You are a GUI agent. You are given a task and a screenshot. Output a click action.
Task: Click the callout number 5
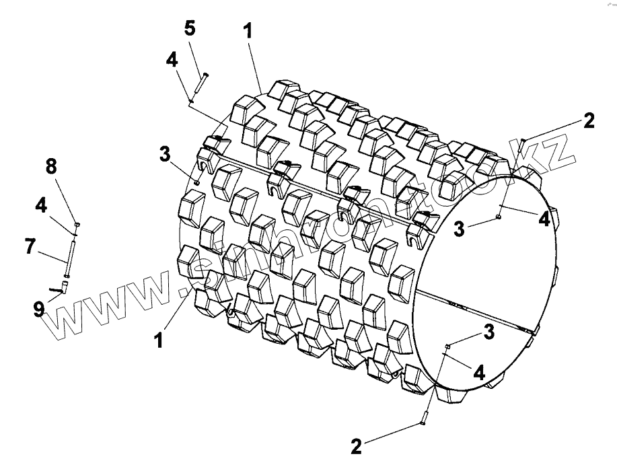pyautogui.click(x=190, y=29)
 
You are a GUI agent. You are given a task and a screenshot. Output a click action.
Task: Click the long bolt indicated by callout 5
pyautogui.click(x=201, y=83)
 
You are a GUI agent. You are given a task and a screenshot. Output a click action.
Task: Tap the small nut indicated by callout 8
pyautogui.click(x=77, y=223)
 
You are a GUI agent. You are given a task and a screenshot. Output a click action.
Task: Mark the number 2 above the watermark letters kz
pyautogui.click(x=589, y=121)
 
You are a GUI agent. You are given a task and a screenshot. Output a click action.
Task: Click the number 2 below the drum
pyautogui.click(x=357, y=446)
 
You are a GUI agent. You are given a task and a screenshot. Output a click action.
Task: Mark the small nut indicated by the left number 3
pyautogui.click(x=196, y=182)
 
